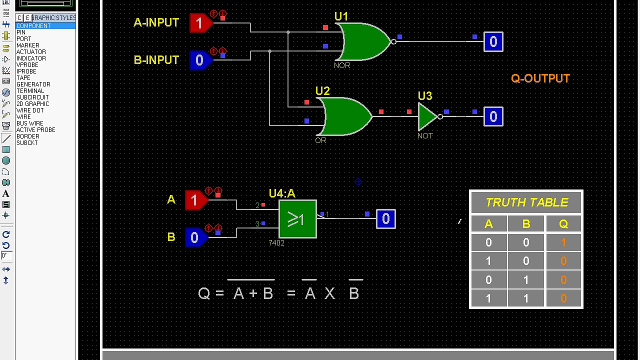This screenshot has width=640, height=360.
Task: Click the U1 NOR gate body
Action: (x=364, y=41)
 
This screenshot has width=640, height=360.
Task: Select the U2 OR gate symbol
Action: (x=345, y=116)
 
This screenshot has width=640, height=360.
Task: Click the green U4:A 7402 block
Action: (x=297, y=219)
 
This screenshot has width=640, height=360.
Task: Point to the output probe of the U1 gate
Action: (x=493, y=41)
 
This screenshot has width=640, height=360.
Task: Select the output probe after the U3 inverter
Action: (x=493, y=116)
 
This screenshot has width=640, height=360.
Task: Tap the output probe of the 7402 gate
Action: (x=386, y=219)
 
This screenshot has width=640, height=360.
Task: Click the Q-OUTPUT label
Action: (x=540, y=78)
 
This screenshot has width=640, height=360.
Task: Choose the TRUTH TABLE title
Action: (x=526, y=202)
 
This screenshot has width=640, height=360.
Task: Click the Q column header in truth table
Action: (x=563, y=223)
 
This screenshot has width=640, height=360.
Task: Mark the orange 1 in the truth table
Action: (x=563, y=242)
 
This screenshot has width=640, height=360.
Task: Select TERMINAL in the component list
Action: (x=30, y=91)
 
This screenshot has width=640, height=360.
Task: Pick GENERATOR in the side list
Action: (x=33, y=84)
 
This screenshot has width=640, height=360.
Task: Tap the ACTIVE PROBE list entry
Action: (x=35, y=129)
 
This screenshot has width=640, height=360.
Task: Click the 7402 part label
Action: (x=276, y=243)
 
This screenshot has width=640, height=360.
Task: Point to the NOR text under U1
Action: (x=342, y=65)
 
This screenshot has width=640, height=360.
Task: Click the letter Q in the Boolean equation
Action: (x=203, y=293)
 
